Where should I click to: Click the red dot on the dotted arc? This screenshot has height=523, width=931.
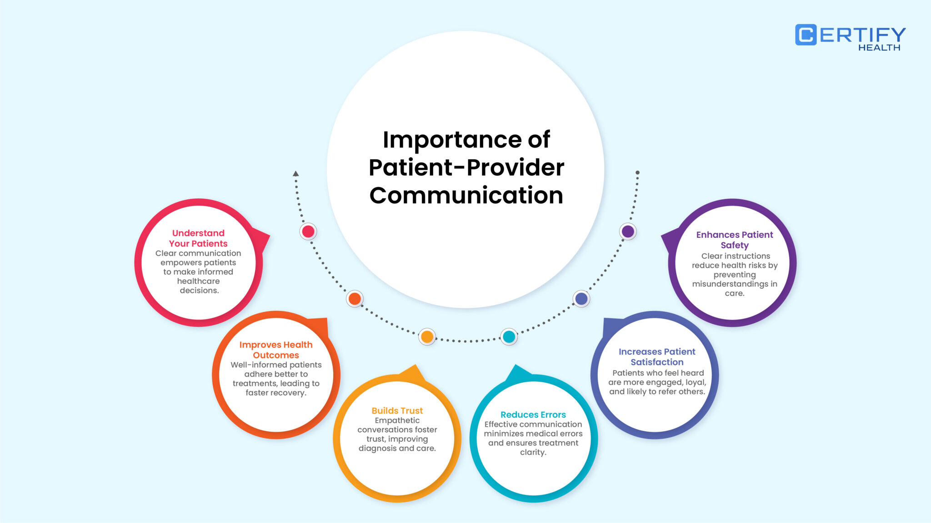tap(308, 232)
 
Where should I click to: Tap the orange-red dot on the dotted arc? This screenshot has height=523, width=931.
tap(355, 299)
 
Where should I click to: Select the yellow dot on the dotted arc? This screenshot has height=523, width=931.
tap(427, 337)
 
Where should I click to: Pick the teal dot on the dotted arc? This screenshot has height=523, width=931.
tap(509, 337)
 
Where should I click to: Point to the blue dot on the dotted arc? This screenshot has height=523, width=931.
tap(581, 299)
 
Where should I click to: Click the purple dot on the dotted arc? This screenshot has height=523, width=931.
tap(628, 232)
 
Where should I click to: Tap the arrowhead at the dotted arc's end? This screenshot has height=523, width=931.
tap(296, 173)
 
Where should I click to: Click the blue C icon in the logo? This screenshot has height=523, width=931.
tap(806, 35)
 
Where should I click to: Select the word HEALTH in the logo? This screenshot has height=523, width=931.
tap(879, 48)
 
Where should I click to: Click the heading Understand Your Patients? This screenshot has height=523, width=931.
tap(198, 238)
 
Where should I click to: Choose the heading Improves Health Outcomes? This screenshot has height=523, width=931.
tap(276, 350)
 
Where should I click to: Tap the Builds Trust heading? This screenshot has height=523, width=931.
tap(397, 411)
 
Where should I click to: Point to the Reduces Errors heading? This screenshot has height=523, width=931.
tap(533, 415)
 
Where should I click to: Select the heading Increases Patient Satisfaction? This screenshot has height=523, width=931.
tap(657, 357)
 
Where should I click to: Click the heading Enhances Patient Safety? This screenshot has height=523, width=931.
tap(735, 240)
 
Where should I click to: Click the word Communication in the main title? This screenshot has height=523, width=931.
tap(466, 196)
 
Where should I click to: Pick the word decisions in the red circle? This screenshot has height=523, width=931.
tap(199, 291)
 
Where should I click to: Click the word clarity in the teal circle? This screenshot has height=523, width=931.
tap(533, 453)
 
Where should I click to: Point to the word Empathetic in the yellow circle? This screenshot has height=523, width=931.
tap(397, 420)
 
